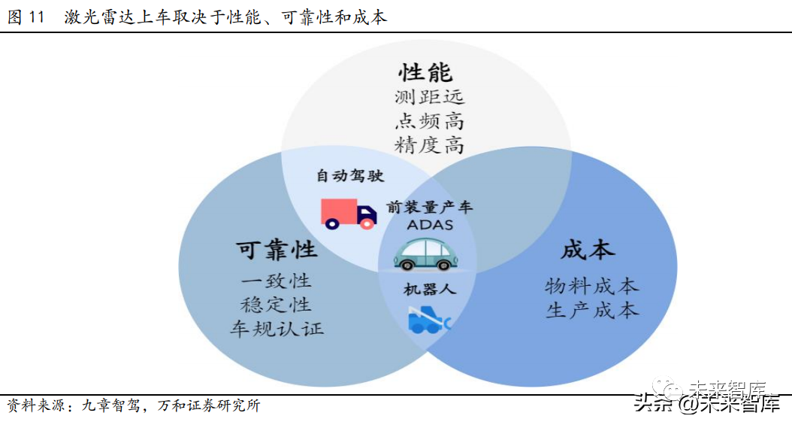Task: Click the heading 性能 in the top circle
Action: (425, 72)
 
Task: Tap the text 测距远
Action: (429, 97)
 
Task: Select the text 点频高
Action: (429, 121)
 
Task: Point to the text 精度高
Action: (429, 144)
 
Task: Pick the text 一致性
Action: (277, 281)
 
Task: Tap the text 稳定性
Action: (277, 305)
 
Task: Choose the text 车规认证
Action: (277, 329)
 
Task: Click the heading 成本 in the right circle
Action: (588, 250)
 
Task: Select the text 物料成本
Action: (591, 286)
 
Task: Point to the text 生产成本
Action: (591, 310)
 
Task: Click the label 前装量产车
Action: (430, 208)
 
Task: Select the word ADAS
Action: (430, 224)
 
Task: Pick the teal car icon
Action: (426, 254)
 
